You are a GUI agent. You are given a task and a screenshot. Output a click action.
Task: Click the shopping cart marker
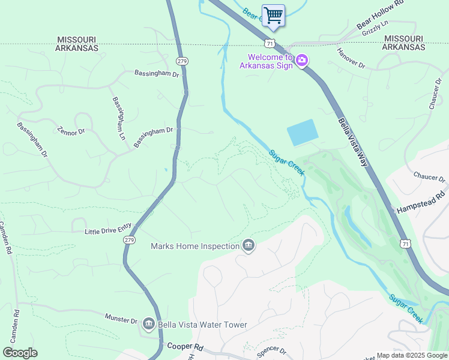(273, 14)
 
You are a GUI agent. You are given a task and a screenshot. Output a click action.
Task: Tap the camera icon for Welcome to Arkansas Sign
(302, 61)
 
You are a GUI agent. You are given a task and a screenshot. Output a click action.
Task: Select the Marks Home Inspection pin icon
(248, 245)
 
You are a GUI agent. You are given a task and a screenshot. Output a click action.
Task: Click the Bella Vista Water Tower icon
(149, 325)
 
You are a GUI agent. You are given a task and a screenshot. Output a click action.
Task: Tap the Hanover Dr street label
(351, 58)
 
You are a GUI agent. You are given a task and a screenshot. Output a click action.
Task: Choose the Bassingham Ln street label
(118, 118)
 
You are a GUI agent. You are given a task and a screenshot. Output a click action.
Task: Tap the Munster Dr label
(121, 318)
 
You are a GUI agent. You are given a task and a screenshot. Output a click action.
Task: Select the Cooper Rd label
(185, 347)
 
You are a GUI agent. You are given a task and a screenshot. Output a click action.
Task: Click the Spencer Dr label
(271, 351)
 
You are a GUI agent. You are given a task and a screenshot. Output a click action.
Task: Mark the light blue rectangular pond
(303, 133)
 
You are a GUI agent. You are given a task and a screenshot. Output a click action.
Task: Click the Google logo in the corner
(20, 353)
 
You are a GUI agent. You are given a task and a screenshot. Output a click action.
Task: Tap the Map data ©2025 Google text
(411, 355)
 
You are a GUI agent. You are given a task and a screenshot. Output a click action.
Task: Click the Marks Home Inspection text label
(194, 246)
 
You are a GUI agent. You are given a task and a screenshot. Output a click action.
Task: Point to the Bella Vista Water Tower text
(202, 325)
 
